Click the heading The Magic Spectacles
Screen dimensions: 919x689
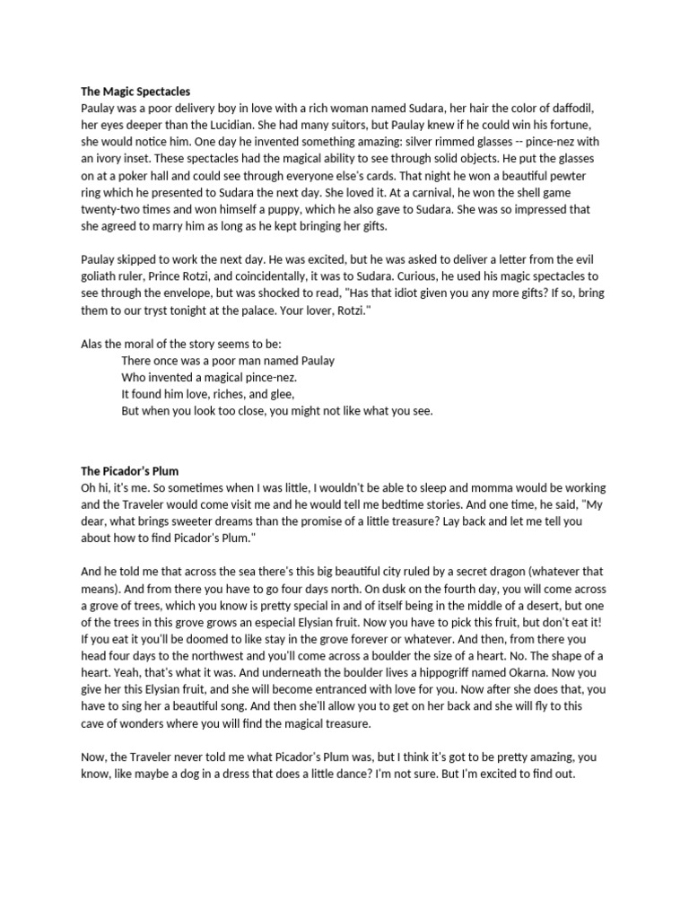[135, 92]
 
